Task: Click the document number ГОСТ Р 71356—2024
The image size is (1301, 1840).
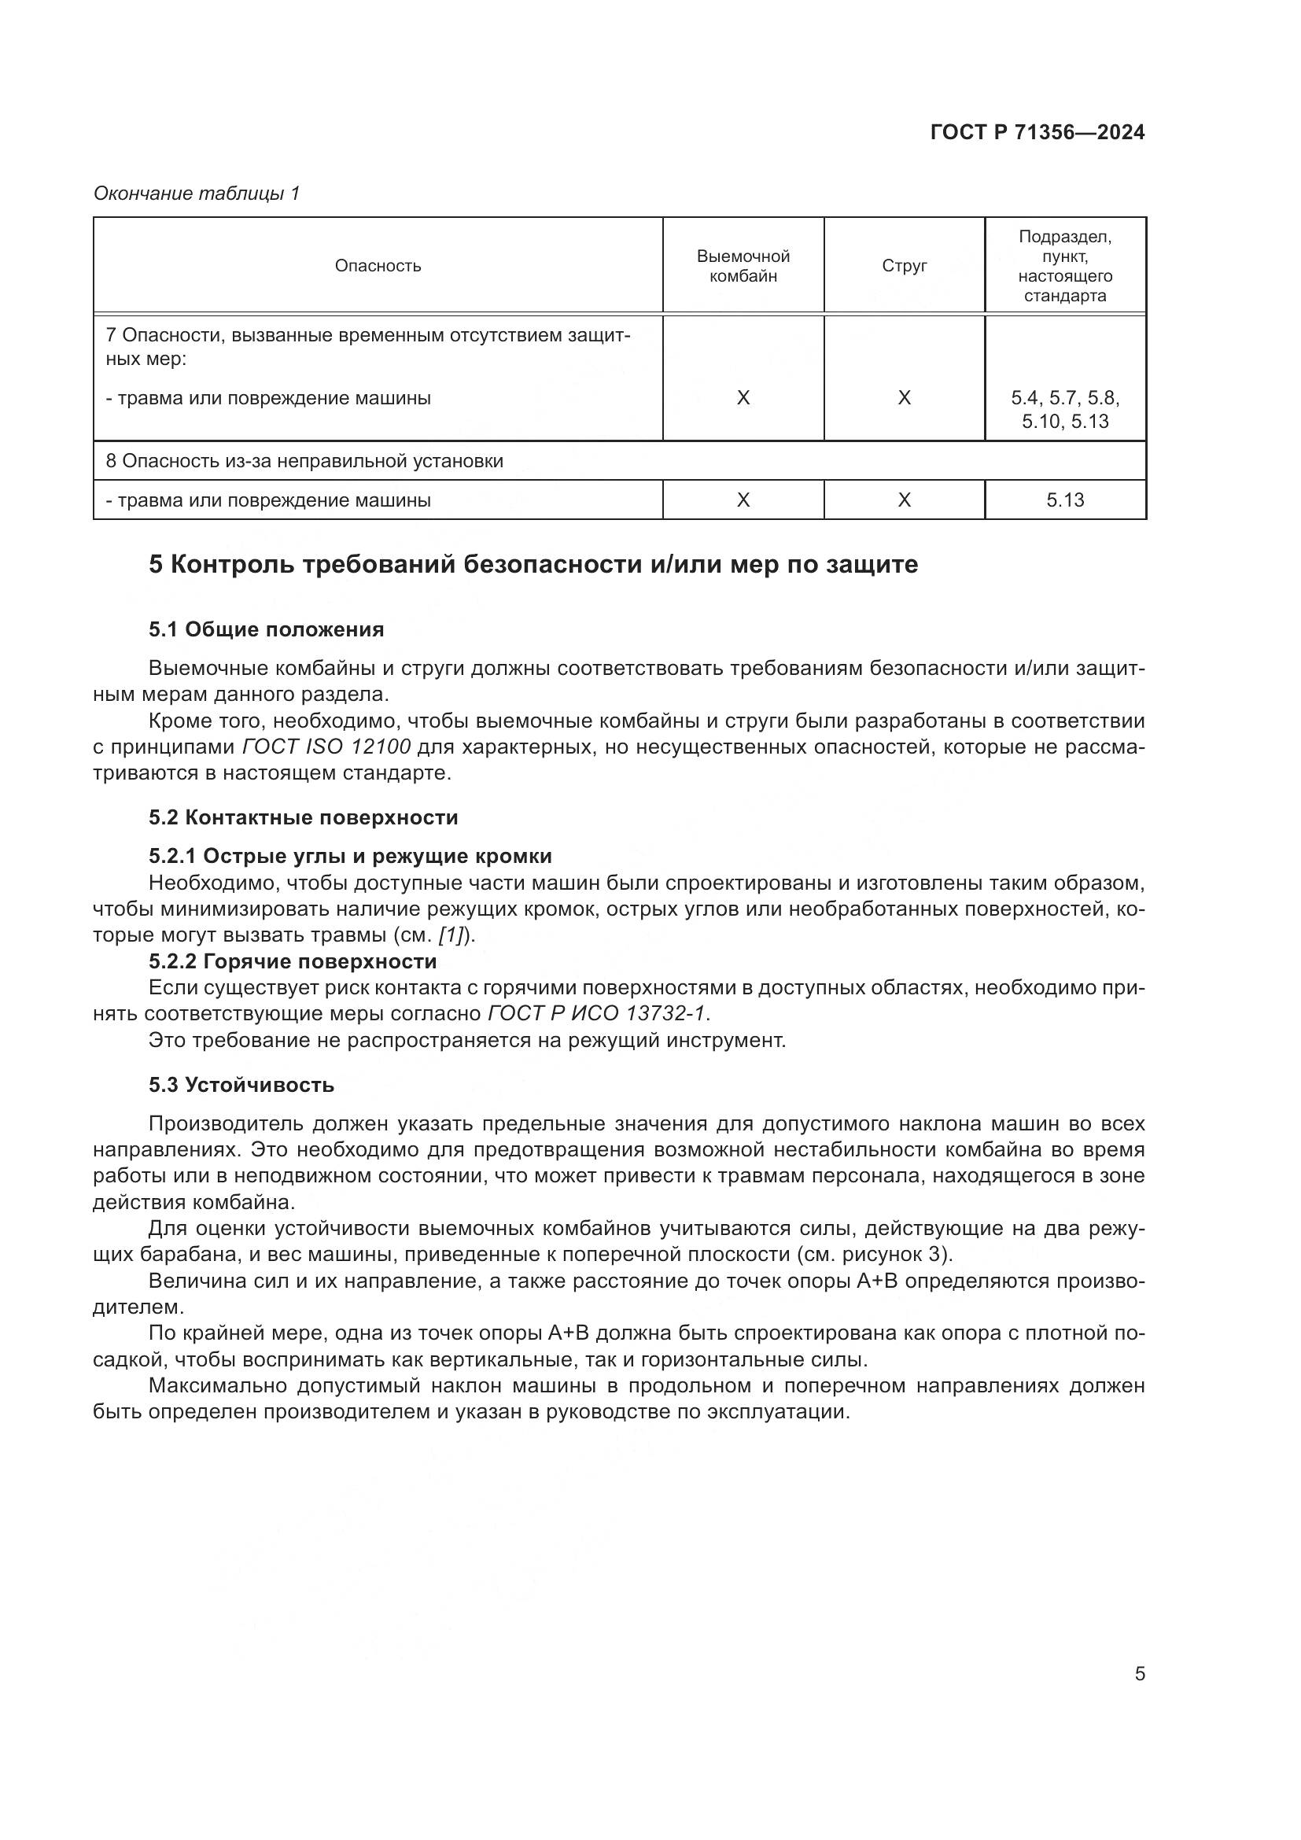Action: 1037,132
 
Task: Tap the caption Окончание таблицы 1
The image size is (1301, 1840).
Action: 197,194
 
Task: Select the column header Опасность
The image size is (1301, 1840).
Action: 378,265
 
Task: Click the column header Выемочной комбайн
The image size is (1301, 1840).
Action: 743,265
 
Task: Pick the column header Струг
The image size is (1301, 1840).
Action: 904,265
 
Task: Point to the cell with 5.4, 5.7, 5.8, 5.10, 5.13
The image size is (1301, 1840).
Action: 1065,410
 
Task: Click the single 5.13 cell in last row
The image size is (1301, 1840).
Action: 1065,500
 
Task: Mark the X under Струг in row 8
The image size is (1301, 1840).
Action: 904,500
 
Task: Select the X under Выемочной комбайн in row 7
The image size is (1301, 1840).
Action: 743,398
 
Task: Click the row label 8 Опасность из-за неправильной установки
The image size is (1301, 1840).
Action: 304,461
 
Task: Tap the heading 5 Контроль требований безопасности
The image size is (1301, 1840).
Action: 533,565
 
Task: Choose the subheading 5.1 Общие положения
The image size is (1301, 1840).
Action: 266,630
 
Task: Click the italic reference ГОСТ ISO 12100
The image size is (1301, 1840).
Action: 326,747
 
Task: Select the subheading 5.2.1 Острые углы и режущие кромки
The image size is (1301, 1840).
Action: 350,857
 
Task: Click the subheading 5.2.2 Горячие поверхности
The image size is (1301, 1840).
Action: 293,961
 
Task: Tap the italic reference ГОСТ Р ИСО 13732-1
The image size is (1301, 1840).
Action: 596,1014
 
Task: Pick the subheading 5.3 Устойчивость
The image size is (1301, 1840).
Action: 241,1085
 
